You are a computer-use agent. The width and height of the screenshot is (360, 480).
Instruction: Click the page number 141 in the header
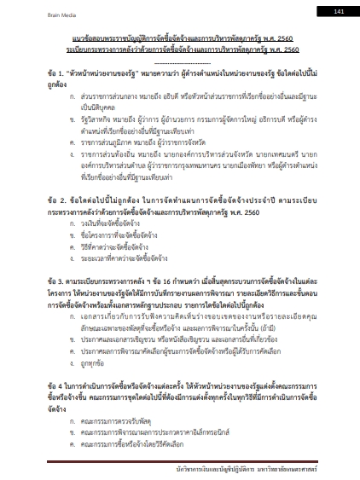[x=338, y=11]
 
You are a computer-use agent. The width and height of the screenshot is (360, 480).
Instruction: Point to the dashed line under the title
[x=180, y=62]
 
